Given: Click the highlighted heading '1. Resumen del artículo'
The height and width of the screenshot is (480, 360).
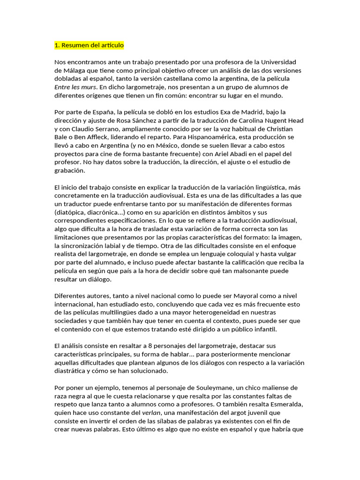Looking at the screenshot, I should pos(89,45).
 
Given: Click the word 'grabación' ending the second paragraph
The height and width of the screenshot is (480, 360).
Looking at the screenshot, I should pos(70,171).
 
